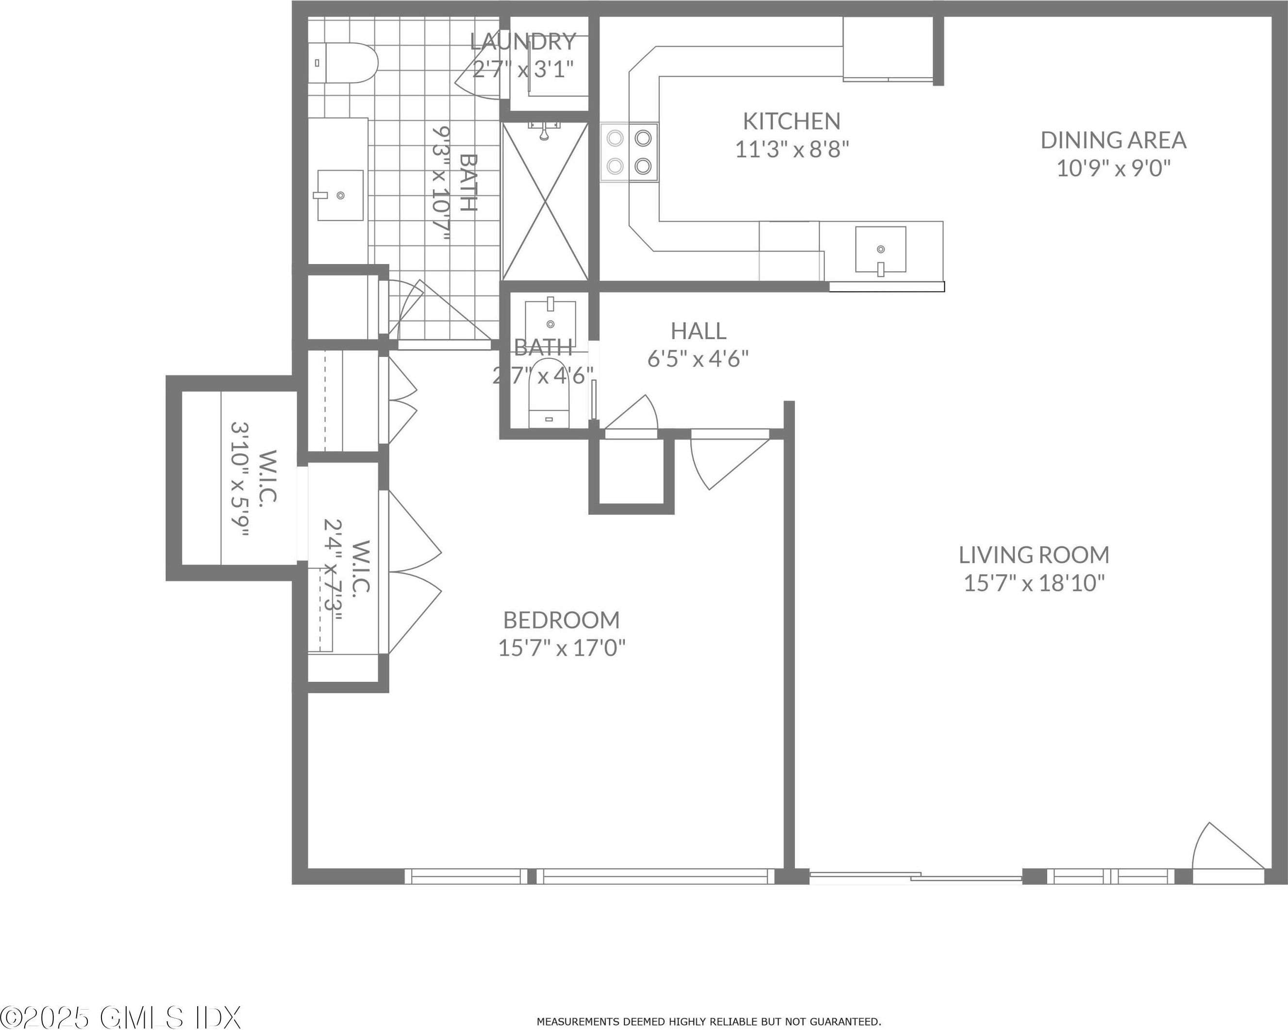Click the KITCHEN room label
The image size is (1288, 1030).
coord(791,121)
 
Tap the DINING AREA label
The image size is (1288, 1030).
coord(1114,140)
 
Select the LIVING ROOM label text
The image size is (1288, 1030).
coord(1034,555)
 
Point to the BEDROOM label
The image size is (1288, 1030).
coord(562,620)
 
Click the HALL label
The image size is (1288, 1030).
coord(698,331)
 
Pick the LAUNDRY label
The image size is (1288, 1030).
coord(523,42)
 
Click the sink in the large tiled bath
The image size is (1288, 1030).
coord(340,195)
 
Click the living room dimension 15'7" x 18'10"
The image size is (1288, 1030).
coord(1034,583)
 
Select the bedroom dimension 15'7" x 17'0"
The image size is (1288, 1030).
coord(562,648)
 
